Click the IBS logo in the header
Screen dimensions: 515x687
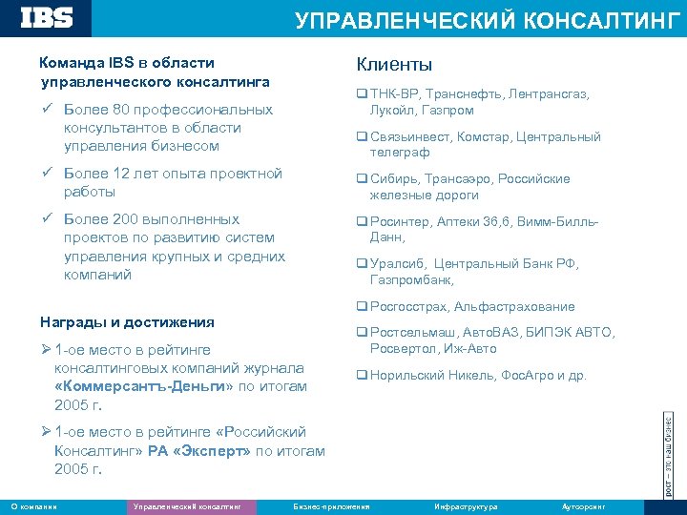pyautogui.click(x=47, y=16)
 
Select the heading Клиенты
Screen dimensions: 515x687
pyautogui.click(x=394, y=65)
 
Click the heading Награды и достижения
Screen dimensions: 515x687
pyautogui.click(x=127, y=322)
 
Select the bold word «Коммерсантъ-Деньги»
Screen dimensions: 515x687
pyautogui.click(x=145, y=386)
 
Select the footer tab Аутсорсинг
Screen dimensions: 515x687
pyautogui.click(x=584, y=506)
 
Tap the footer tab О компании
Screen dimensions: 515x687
pyautogui.click(x=33, y=506)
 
